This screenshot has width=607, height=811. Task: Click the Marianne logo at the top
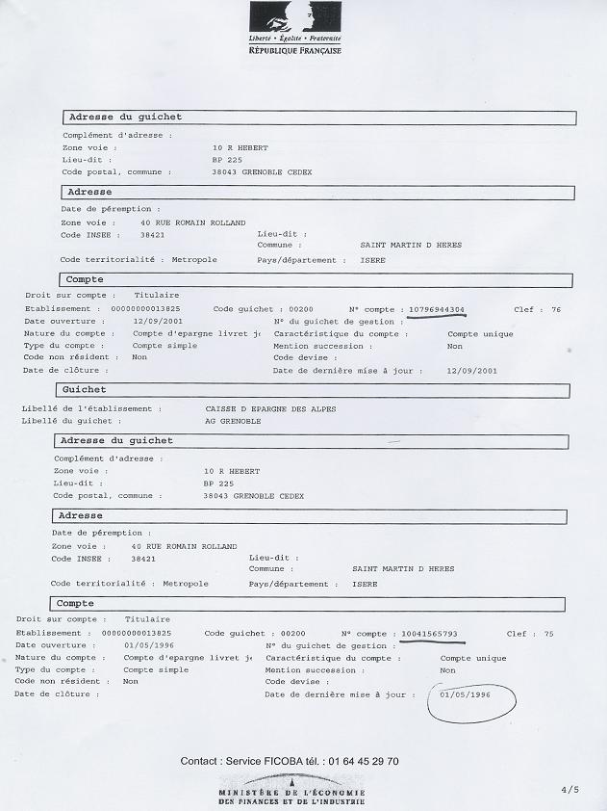click(x=295, y=18)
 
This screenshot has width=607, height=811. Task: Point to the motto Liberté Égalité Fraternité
click(x=295, y=39)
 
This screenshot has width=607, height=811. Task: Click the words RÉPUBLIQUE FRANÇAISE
click(x=295, y=50)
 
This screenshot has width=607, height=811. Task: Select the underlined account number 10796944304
click(x=437, y=309)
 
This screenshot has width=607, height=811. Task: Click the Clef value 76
click(x=555, y=309)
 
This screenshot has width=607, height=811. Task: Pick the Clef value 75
click(x=548, y=634)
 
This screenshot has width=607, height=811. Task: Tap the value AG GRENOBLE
click(x=231, y=421)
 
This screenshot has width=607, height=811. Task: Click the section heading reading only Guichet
click(x=84, y=391)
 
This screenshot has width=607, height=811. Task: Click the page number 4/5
click(x=570, y=790)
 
